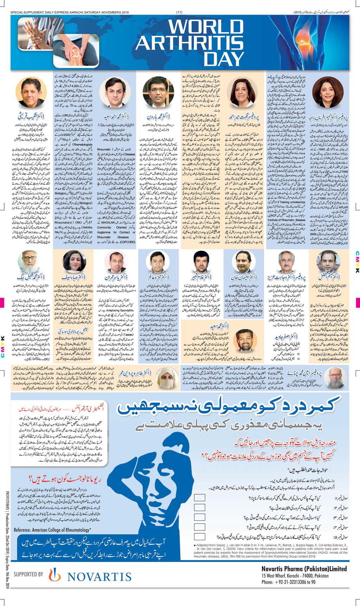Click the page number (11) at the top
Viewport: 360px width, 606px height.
(179, 13)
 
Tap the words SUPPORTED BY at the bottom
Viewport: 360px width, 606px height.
(28, 574)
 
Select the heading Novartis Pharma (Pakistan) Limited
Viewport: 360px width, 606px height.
(304, 569)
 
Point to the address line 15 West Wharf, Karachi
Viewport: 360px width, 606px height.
(295, 576)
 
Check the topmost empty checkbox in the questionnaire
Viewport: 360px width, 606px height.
(199, 498)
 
